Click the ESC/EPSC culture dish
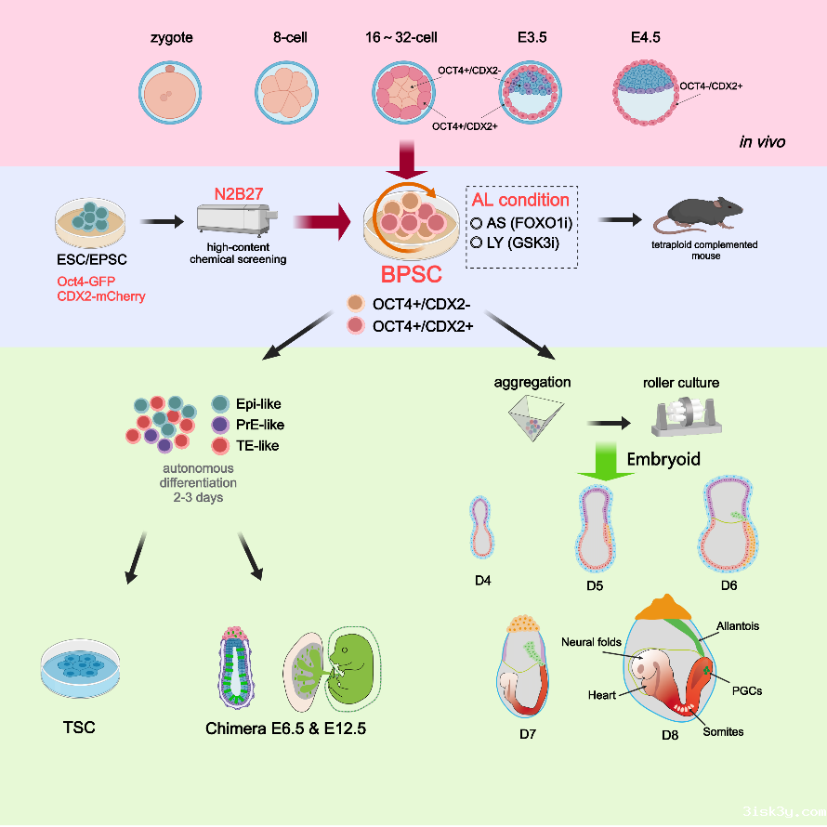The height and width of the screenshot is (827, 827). [x=91, y=220]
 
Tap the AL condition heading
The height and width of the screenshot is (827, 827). [x=520, y=200]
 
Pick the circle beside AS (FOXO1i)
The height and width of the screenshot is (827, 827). [x=477, y=223]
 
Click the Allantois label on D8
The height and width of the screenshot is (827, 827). [x=737, y=626]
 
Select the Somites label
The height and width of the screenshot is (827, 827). [x=723, y=731]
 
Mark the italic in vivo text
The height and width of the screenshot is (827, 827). [x=762, y=142]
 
